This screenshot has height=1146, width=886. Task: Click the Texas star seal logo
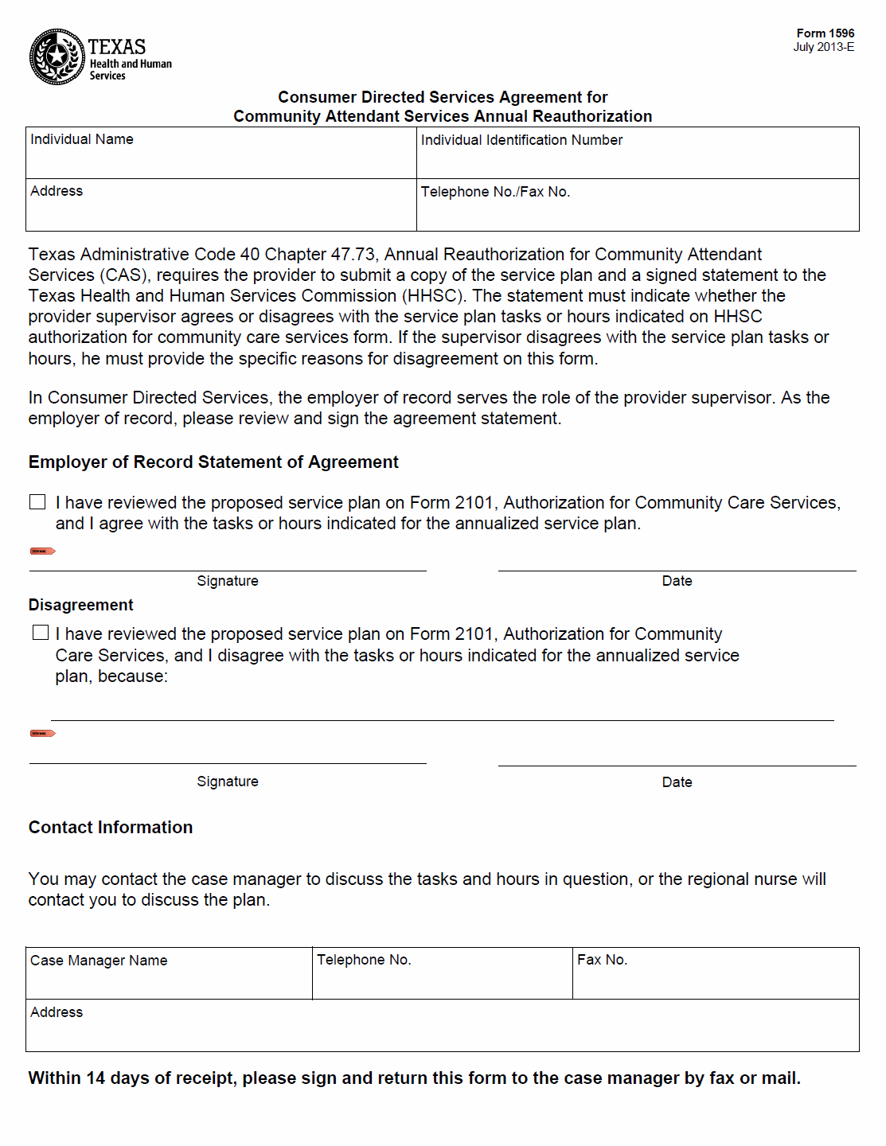pyautogui.click(x=57, y=57)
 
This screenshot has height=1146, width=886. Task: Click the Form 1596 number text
pyautogui.click(x=825, y=33)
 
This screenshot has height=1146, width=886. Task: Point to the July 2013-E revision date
pyautogui.click(x=823, y=47)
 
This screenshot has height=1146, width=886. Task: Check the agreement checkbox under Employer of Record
pyautogui.click(x=37, y=502)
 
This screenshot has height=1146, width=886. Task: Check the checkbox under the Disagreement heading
pyautogui.click(x=41, y=633)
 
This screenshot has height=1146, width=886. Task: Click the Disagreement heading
pyautogui.click(x=81, y=605)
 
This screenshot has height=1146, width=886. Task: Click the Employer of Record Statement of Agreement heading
pyautogui.click(x=213, y=462)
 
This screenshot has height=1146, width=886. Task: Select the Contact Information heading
pyautogui.click(x=111, y=828)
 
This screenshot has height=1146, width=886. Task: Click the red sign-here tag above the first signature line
pyautogui.click(x=42, y=551)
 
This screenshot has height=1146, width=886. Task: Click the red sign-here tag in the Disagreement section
pyautogui.click(x=42, y=733)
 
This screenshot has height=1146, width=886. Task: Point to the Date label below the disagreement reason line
pyautogui.click(x=677, y=782)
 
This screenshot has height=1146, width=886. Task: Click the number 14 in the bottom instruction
pyautogui.click(x=96, y=1078)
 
